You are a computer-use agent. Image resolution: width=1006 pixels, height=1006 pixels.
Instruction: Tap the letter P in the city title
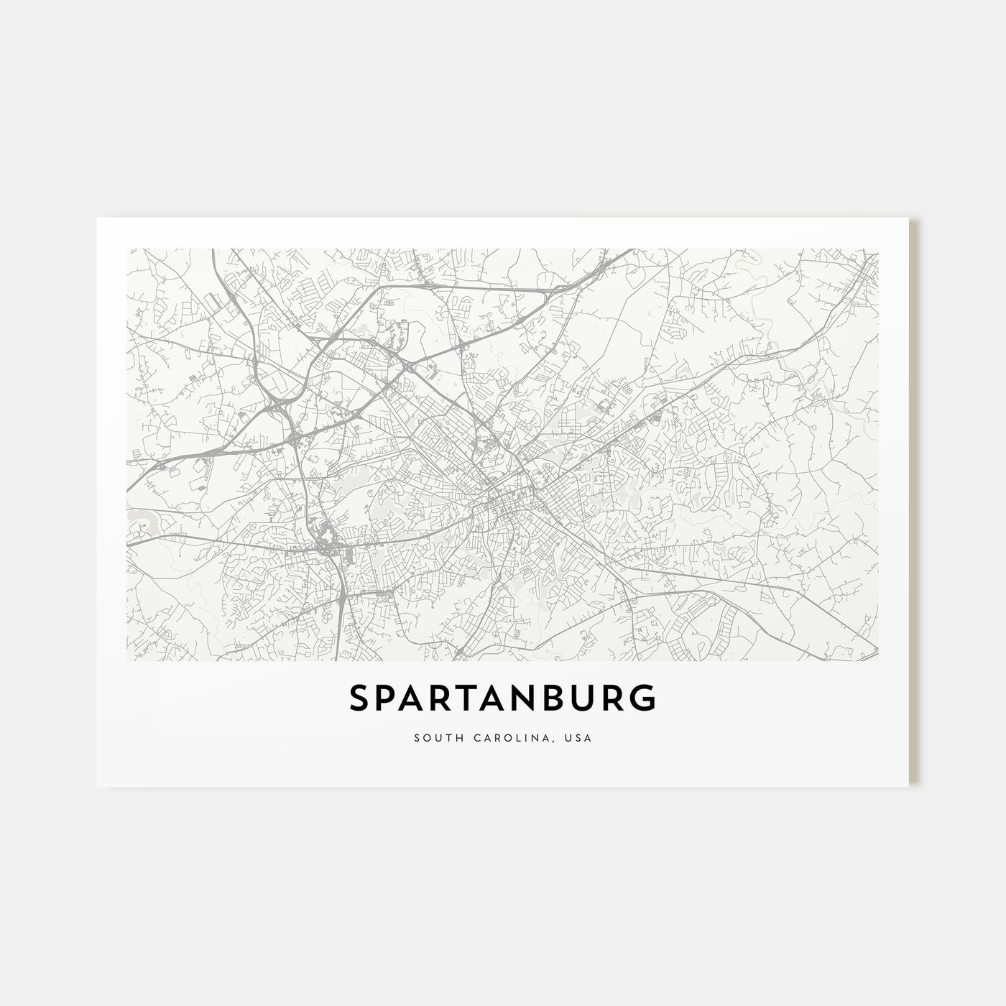pyautogui.click(x=389, y=698)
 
